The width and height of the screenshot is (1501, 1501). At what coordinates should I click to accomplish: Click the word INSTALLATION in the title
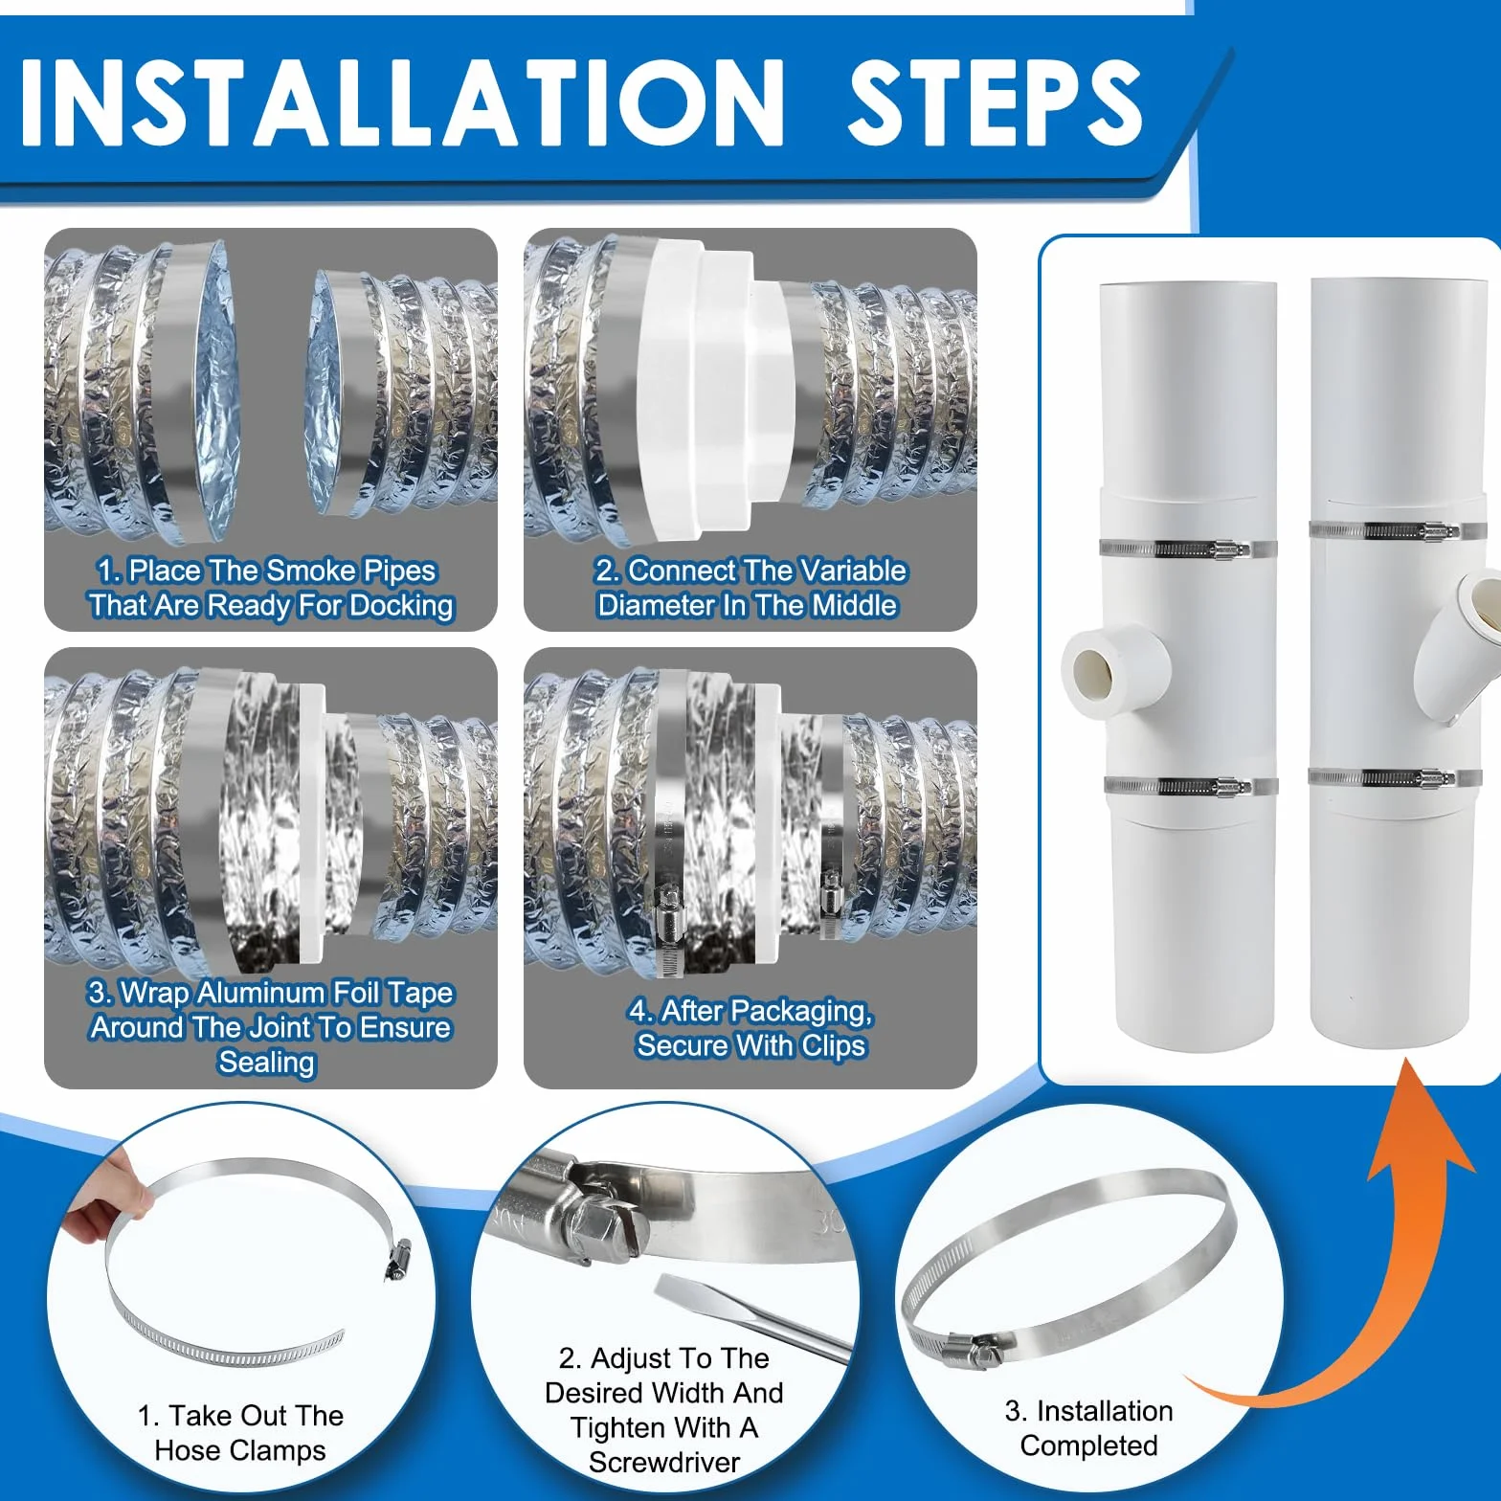click(403, 102)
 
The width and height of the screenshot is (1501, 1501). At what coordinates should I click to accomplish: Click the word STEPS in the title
click(996, 102)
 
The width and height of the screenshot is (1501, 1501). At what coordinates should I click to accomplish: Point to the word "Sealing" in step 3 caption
click(266, 1063)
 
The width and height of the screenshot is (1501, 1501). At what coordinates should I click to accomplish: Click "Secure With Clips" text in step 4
click(751, 1045)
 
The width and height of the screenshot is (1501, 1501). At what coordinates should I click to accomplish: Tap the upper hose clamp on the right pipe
click(1383, 531)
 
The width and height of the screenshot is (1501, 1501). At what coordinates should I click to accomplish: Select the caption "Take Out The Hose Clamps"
click(240, 1433)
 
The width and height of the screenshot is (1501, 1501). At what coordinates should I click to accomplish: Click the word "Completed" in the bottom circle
click(1089, 1445)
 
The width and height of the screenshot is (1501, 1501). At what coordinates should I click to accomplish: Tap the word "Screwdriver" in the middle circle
click(664, 1463)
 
